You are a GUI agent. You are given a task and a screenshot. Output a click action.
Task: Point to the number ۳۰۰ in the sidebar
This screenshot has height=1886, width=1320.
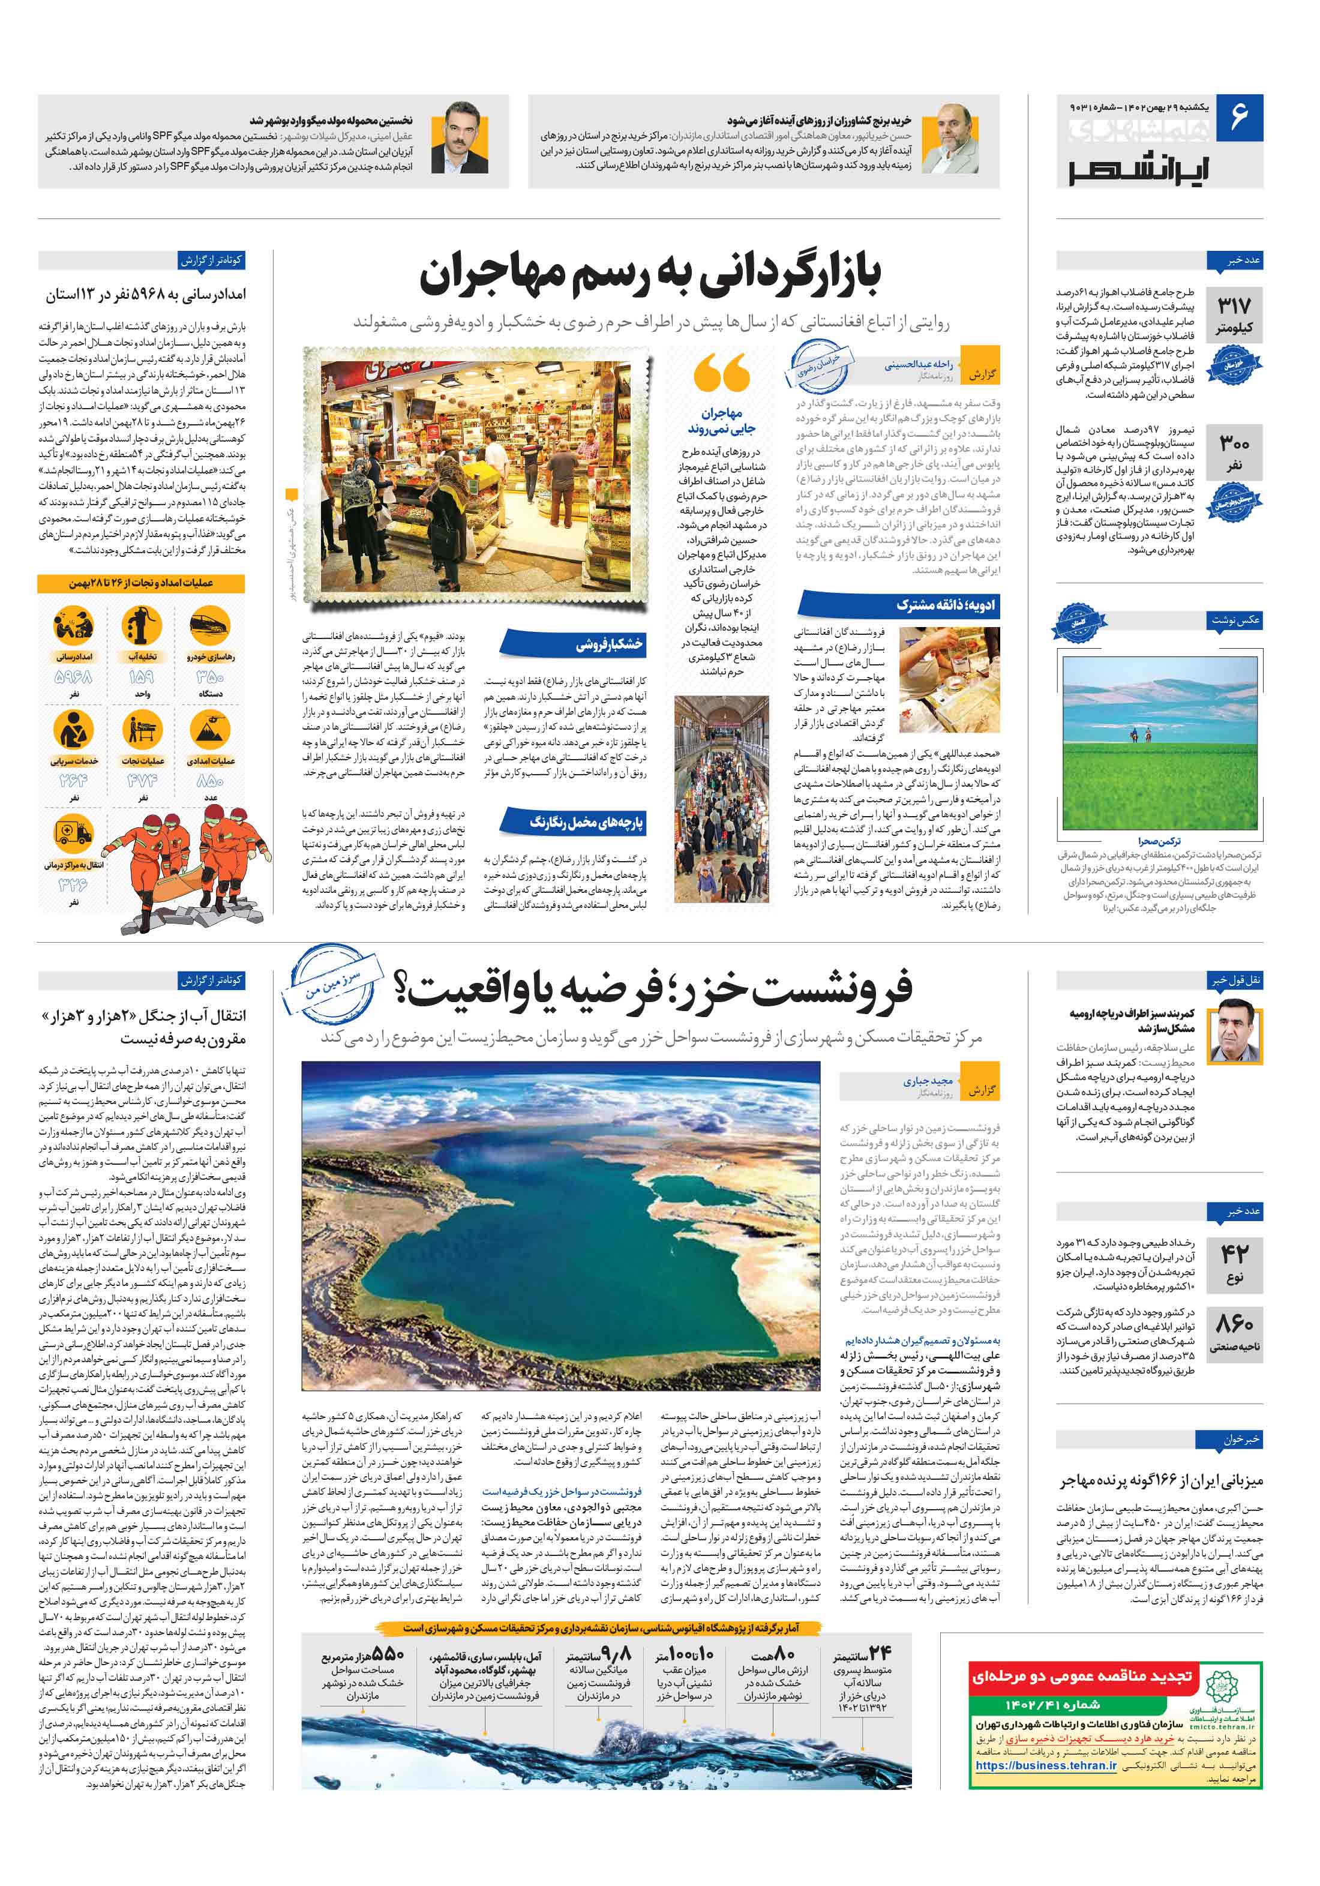tap(1234, 443)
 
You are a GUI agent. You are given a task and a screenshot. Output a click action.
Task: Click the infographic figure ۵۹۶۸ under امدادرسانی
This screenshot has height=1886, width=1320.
tap(73, 677)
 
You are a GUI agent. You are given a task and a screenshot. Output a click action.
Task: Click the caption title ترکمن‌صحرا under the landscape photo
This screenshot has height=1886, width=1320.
tap(1159, 841)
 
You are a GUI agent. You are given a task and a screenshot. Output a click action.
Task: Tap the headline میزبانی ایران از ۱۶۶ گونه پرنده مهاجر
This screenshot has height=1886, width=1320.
tap(1160, 1481)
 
